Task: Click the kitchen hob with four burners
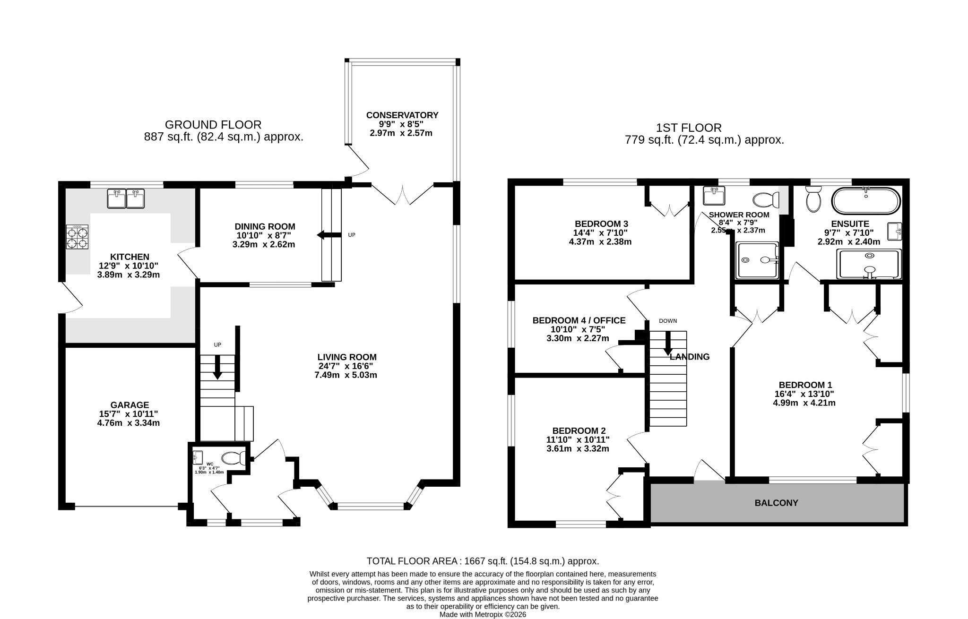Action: tap(78, 236)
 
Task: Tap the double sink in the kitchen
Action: tap(126, 198)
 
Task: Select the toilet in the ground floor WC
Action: tap(234, 458)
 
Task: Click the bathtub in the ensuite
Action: tap(865, 201)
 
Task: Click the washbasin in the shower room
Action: tap(714, 196)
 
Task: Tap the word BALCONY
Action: tap(776, 503)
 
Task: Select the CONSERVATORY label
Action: tap(402, 115)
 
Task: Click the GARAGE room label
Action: tap(130, 405)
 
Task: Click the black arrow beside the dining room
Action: tap(329, 235)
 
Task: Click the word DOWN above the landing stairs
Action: tap(668, 321)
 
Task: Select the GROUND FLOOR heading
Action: tap(213, 125)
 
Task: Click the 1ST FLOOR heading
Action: tap(689, 128)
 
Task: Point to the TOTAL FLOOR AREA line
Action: tap(483, 561)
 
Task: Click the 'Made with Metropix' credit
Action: tap(483, 615)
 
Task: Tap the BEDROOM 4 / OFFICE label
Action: tap(579, 320)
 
